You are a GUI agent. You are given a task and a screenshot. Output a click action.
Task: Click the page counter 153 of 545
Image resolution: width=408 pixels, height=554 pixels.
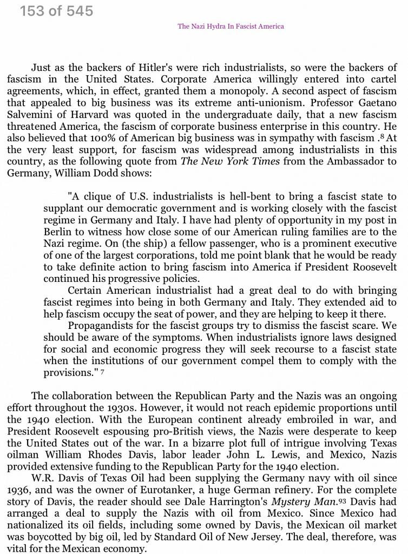point(56,10)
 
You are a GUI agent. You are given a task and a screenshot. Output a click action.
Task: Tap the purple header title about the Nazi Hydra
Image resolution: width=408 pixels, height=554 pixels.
point(231,26)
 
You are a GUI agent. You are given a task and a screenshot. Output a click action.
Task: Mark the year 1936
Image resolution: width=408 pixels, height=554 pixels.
point(19,490)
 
